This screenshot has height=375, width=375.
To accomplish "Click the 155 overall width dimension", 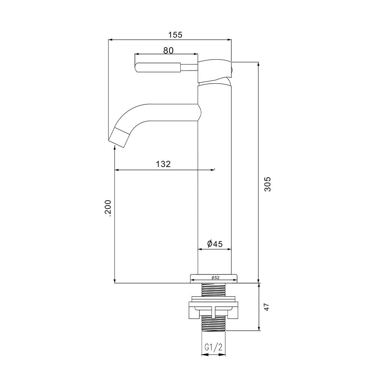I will click(x=175, y=35).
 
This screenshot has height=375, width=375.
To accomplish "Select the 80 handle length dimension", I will click(x=168, y=50).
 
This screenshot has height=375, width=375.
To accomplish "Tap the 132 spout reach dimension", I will click(x=163, y=164).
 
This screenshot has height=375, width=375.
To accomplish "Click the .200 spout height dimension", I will click(x=108, y=207).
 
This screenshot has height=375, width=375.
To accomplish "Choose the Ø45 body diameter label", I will click(x=215, y=244).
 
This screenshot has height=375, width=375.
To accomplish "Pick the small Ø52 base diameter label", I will click(x=215, y=277).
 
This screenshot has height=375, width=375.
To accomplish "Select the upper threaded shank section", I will click(x=214, y=290).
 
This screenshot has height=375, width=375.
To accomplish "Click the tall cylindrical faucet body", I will click(x=214, y=180).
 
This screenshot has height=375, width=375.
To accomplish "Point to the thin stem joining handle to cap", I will click(x=190, y=67).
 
